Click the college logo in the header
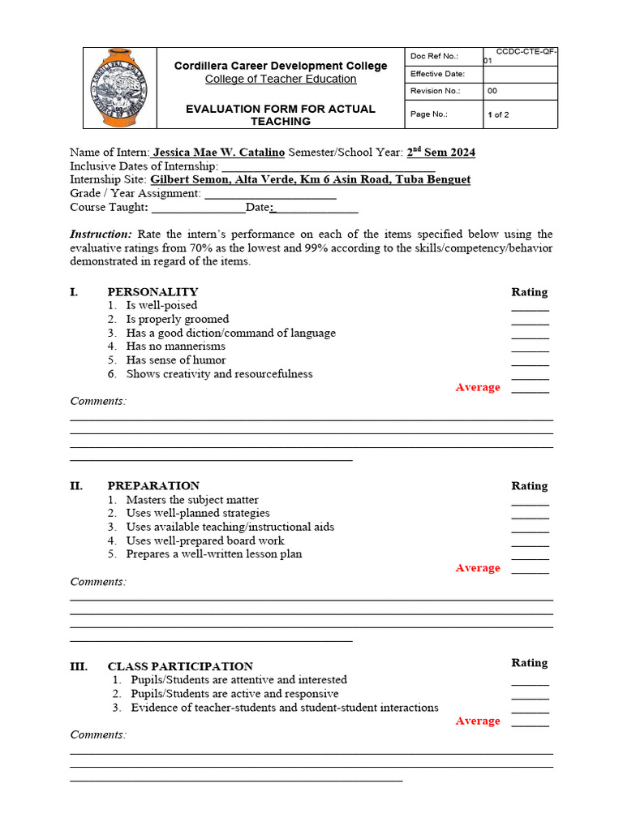[x=119, y=88]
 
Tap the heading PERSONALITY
[x=153, y=292]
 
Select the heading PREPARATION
[x=153, y=486]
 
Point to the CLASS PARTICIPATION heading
[x=180, y=666]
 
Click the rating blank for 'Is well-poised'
[x=530, y=308]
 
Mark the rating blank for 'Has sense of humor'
[x=530, y=363]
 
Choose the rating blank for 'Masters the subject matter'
[x=530, y=502]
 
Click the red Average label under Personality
[x=478, y=387]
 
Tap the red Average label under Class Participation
[x=478, y=721]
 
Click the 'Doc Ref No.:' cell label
[x=434, y=56]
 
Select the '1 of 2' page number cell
[x=498, y=114]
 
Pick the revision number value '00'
[x=492, y=92]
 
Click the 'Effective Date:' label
[x=437, y=74]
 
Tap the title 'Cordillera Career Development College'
[x=281, y=66]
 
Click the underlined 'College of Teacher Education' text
[x=281, y=79]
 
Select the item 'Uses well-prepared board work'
[x=205, y=540]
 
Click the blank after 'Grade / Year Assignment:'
[x=270, y=194]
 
